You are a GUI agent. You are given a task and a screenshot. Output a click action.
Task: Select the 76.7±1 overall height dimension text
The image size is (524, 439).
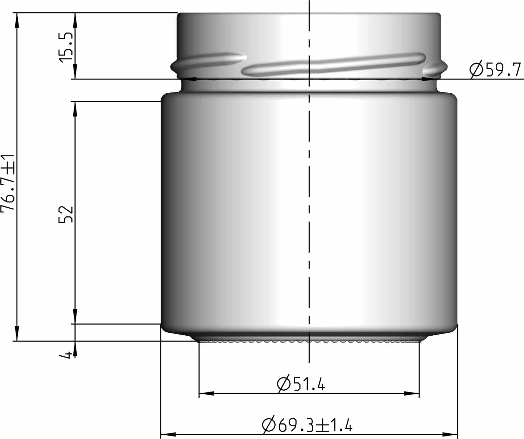(8, 183)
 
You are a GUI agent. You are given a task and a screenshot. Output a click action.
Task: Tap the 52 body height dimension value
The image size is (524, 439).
(66, 214)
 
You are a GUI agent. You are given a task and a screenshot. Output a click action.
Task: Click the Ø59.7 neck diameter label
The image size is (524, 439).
(495, 70)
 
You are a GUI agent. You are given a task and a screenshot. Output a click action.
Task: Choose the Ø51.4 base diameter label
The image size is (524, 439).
(301, 384)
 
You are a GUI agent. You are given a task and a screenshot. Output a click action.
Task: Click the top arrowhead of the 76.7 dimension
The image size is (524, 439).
(16, 20)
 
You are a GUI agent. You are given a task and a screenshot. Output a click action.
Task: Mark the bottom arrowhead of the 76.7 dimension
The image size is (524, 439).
(16, 334)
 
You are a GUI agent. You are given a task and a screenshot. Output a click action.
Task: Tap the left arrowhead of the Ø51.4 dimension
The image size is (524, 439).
(207, 394)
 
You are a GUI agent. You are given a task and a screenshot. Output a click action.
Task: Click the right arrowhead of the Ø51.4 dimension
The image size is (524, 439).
(412, 394)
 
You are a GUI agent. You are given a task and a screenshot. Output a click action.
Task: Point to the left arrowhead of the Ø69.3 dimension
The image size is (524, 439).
(168, 434)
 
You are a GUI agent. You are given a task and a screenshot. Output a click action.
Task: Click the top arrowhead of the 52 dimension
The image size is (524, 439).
(75, 108)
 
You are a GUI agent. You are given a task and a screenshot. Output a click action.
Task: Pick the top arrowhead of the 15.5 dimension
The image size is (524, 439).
(75, 20)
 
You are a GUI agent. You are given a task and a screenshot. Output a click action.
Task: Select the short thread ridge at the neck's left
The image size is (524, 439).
(209, 62)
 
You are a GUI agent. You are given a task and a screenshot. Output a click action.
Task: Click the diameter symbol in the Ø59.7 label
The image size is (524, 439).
(476, 70)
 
